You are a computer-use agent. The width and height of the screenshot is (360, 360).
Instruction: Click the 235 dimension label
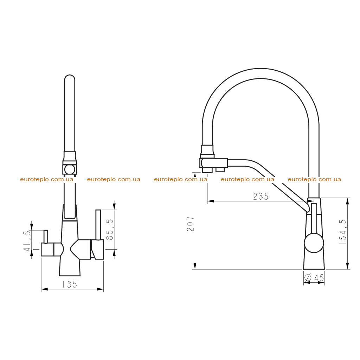click(261, 196)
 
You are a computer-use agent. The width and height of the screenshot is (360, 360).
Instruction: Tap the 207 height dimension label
click(191, 224)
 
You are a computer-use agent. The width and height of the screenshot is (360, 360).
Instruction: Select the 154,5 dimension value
click(342, 232)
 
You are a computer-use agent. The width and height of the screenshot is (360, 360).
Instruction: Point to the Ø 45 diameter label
click(314, 278)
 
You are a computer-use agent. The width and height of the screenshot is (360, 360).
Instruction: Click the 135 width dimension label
click(70, 284)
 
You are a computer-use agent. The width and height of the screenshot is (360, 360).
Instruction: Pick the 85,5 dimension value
click(110, 230)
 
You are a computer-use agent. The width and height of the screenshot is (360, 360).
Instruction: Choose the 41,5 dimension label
click(27, 241)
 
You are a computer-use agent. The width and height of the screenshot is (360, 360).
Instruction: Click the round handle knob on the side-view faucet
click(314, 243)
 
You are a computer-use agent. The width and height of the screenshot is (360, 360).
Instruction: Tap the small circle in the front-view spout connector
click(70, 169)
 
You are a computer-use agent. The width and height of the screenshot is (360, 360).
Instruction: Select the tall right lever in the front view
click(98, 225)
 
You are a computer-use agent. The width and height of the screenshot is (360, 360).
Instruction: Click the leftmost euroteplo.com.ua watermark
click(47, 179)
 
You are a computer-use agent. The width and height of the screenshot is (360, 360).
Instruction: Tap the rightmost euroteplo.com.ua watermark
click(314, 179)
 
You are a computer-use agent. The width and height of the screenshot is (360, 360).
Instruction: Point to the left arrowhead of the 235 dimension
click(211, 201)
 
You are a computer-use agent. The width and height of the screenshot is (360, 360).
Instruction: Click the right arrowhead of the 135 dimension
click(100, 289)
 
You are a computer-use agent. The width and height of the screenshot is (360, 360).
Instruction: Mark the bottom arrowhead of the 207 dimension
click(195, 266)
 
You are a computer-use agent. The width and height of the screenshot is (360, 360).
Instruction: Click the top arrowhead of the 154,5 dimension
click(348, 201)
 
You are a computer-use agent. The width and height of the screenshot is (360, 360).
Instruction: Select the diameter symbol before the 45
click(308, 278)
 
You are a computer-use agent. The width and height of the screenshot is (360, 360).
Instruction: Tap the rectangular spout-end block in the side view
click(214, 163)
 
